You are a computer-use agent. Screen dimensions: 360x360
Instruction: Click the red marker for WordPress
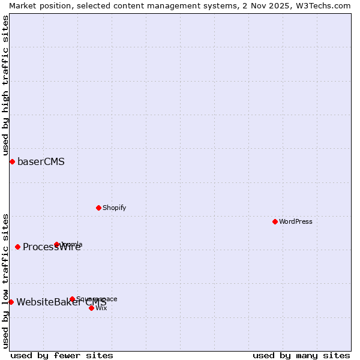point(275,221)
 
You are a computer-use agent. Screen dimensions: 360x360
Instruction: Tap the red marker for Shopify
point(98,208)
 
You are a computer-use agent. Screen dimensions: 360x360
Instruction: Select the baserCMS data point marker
point(12,161)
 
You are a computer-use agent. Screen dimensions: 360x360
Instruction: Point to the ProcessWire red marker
point(17,247)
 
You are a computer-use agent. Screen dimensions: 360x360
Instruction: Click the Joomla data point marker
point(57,244)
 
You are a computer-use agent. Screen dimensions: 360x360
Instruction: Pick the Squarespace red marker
point(72,299)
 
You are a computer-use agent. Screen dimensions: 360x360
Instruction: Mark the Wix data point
point(91,308)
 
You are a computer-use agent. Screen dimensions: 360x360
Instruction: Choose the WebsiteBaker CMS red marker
point(11,302)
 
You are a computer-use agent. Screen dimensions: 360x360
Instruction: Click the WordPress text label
point(296,221)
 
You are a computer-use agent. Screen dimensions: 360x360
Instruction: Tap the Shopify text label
point(114,208)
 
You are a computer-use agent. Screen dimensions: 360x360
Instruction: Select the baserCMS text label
point(41,161)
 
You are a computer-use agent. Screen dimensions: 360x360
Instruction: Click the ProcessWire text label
point(52,247)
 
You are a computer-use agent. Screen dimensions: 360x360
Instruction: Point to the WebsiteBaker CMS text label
point(61,302)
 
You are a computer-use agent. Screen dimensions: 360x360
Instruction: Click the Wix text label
point(101,308)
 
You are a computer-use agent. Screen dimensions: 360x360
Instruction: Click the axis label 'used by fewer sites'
point(62,355)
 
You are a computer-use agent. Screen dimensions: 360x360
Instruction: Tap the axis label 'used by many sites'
point(301,355)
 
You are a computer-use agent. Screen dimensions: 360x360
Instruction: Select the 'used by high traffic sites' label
point(6,85)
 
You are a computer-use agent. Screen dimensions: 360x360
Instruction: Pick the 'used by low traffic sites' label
point(6,281)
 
